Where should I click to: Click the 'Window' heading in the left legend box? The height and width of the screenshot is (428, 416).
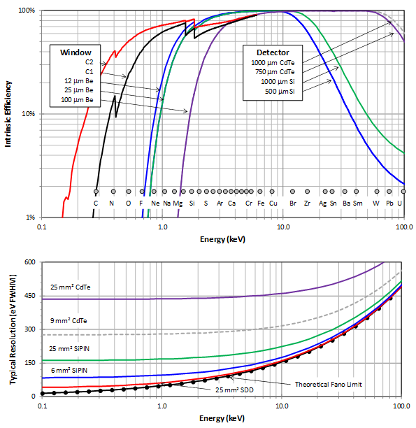76,52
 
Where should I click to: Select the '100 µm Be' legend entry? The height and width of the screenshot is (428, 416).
77,100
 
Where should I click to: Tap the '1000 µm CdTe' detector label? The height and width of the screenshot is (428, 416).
273,63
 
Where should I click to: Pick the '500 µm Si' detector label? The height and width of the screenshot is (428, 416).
280,92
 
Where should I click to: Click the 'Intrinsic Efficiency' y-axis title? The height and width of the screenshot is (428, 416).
8,114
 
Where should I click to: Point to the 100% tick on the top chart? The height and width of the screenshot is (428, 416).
27,10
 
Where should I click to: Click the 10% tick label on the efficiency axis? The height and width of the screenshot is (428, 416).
29,113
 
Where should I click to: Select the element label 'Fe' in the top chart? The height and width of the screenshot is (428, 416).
261,204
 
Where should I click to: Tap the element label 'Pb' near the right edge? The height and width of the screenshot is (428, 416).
389,204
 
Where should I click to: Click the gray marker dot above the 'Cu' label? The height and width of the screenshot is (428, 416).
272,192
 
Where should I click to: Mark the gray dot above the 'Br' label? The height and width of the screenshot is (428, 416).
293,192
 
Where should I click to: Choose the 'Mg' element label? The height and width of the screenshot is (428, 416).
178,204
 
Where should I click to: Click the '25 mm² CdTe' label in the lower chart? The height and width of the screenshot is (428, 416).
70,287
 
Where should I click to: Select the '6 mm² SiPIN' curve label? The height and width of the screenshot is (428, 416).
69,371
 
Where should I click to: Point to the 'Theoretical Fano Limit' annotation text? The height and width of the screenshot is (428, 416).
329,385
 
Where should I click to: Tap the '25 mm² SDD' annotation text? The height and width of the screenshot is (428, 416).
234,390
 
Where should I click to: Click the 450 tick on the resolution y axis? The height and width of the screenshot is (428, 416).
30,296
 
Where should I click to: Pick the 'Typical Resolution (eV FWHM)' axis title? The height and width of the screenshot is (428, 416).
13,329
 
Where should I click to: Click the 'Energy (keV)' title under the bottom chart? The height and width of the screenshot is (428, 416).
222,418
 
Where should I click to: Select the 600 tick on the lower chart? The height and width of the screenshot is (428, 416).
30,262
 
